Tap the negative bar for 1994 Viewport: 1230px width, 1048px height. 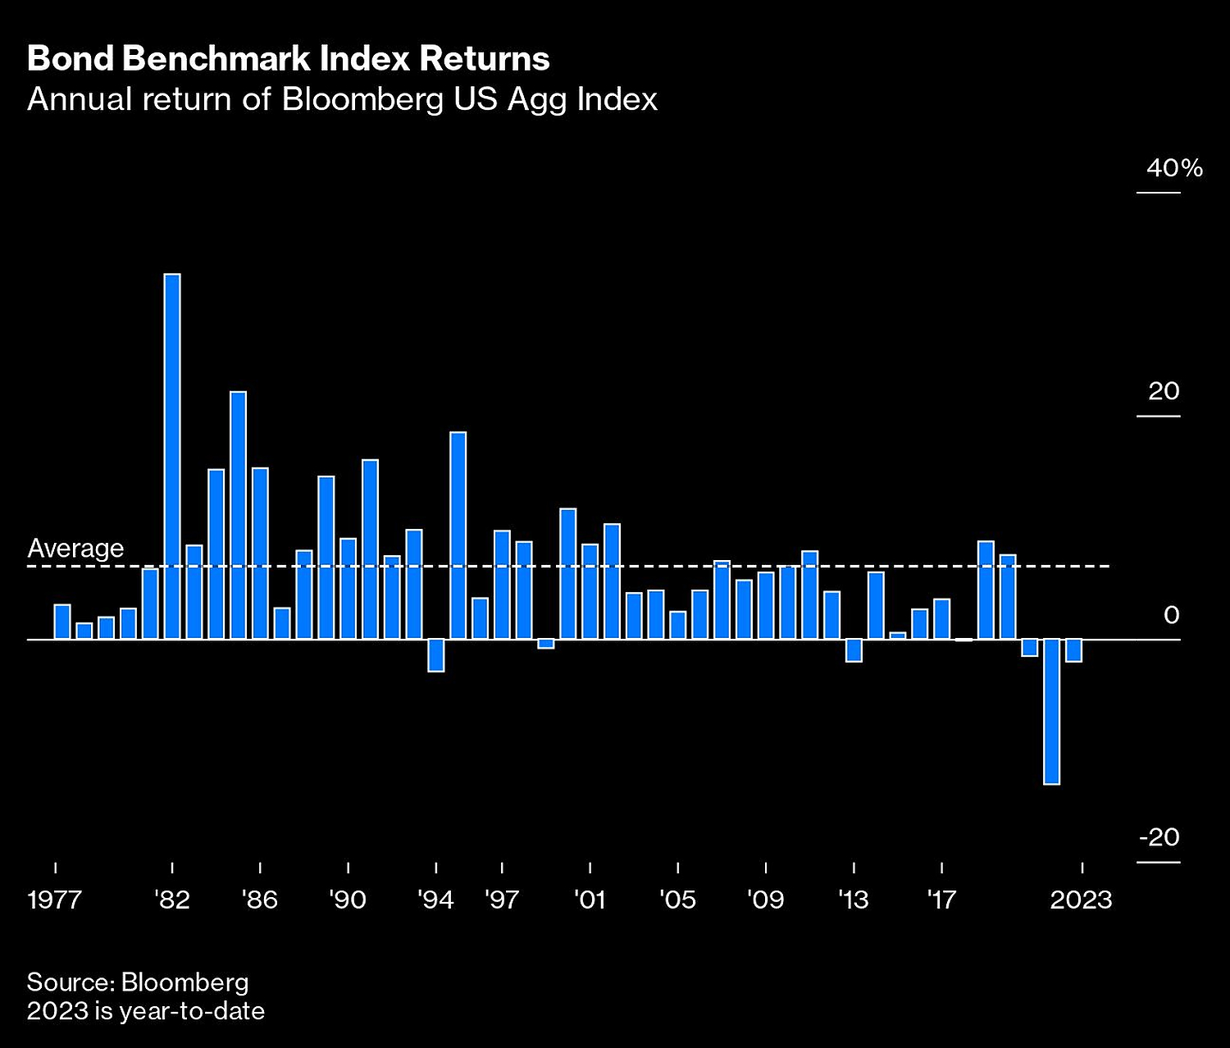coord(436,655)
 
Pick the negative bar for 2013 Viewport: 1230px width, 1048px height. coord(854,650)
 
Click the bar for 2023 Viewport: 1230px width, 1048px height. coord(1073,650)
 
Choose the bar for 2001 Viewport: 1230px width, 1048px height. coord(590,591)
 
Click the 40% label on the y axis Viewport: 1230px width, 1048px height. coord(1174,168)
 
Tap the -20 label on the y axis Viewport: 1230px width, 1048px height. coord(1159,837)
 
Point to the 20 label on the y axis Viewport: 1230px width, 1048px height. coord(1164,391)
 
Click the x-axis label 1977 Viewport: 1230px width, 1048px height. coord(54,900)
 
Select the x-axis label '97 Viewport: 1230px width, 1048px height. coord(502,900)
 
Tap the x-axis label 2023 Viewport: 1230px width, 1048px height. coord(1081,900)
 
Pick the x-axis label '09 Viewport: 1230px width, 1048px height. coord(765,900)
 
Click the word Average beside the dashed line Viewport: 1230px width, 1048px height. coord(75,548)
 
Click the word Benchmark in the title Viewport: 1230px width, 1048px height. coord(216,59)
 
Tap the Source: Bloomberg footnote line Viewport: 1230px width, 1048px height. coord(138,982)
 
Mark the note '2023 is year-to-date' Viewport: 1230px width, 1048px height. coord(146,1010)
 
